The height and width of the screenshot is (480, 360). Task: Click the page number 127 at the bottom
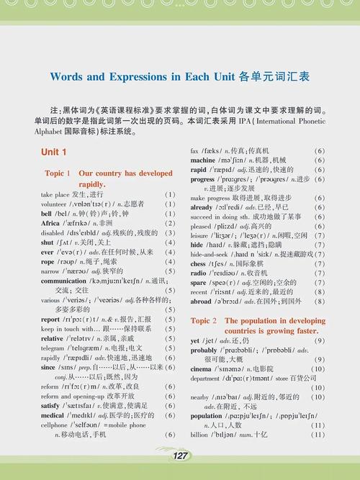click(181, 456)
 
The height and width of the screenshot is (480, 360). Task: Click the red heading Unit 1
click(53, 153)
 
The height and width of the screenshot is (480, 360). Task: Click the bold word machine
click(202, 160)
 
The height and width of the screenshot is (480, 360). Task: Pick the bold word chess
click(199, 263)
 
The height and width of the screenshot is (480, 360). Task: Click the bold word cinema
click(201, 368)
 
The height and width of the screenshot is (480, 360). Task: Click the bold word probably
click(204, 350)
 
